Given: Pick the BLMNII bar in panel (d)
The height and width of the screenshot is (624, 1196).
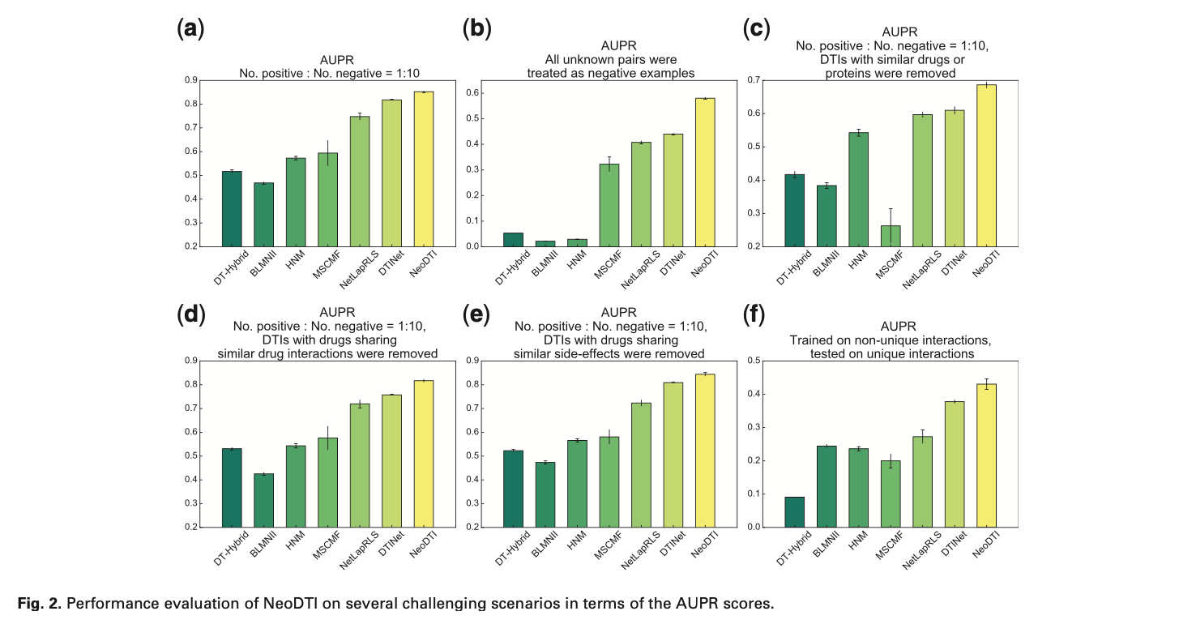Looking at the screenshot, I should [x=263, y=500].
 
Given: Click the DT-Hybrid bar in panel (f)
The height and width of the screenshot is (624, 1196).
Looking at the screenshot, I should [x=795, y=511].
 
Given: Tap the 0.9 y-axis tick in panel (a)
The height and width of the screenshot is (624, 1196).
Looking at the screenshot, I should [x=191, y=80].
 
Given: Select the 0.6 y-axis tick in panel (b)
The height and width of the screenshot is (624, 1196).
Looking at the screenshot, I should [x=471, y=93].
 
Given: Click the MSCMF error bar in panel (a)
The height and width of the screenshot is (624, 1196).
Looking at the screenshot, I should [x=327, y=152].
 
